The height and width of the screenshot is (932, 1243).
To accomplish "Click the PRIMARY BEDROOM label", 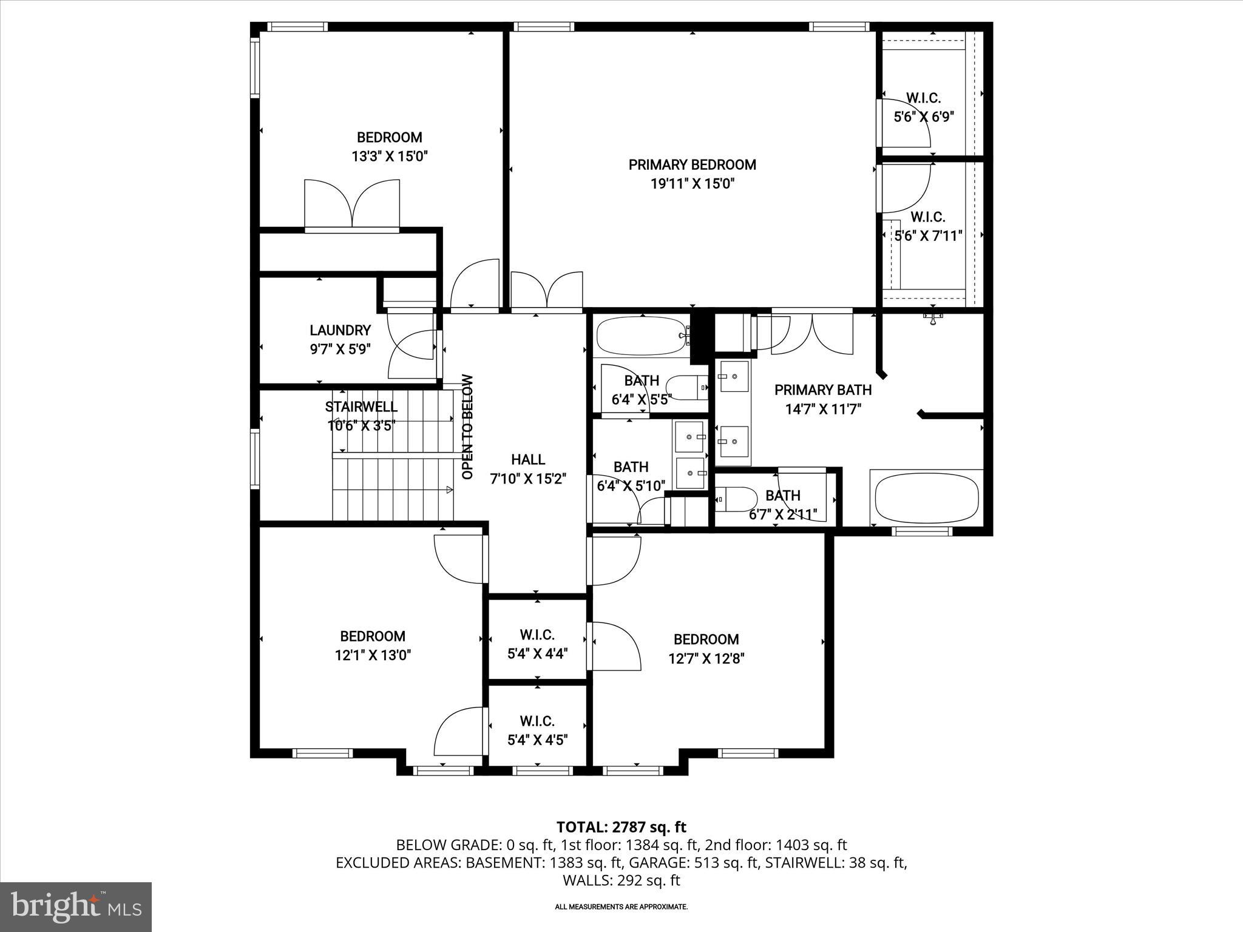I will (x=692, y=164).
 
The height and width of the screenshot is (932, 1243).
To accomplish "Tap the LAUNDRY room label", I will (x=340, y=330).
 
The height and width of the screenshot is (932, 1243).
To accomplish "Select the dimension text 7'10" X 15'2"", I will (x=528, y=479).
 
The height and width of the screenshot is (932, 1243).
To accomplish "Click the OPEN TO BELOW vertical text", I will (x=467, y=427).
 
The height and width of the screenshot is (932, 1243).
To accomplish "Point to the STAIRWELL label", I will (x=361, y=407).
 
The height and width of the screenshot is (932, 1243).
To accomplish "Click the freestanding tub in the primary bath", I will (x=926, y=498).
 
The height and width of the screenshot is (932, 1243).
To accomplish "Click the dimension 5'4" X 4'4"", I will (x=537, y=654).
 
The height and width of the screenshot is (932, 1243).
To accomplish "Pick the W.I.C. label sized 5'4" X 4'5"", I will (x=537, y=721).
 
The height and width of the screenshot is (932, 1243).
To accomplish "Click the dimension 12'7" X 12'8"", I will (x=706, y=658).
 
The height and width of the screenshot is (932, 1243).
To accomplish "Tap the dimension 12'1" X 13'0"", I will (x=373, y=655).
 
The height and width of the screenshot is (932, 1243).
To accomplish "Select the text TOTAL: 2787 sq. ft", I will (x=621, y=827).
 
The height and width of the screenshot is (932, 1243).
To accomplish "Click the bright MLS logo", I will (x=76, y=907).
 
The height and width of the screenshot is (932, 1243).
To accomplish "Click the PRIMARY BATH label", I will (x=822, y=390).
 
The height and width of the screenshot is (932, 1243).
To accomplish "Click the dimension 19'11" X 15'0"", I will (x=692, y=184).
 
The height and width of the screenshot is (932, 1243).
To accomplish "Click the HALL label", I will (x=528, y=459).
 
